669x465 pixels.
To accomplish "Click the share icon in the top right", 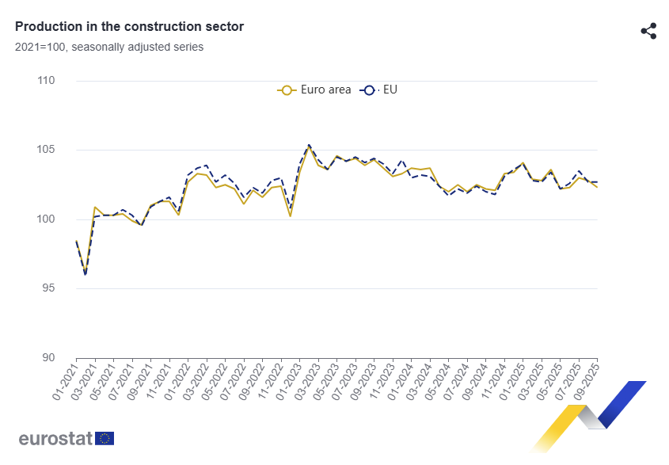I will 648,31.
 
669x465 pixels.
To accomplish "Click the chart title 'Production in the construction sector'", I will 129,27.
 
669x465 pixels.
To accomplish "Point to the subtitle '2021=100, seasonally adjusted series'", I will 109,47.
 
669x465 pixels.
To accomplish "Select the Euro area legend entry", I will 315,90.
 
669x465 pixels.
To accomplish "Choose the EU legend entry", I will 380,90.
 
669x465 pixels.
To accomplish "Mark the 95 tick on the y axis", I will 48,288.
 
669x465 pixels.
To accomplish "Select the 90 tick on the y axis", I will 48,357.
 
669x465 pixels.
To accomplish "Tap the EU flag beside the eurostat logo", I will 105,439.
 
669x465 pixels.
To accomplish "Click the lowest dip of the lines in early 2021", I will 86,274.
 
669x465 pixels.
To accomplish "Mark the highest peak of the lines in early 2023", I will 309,145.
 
